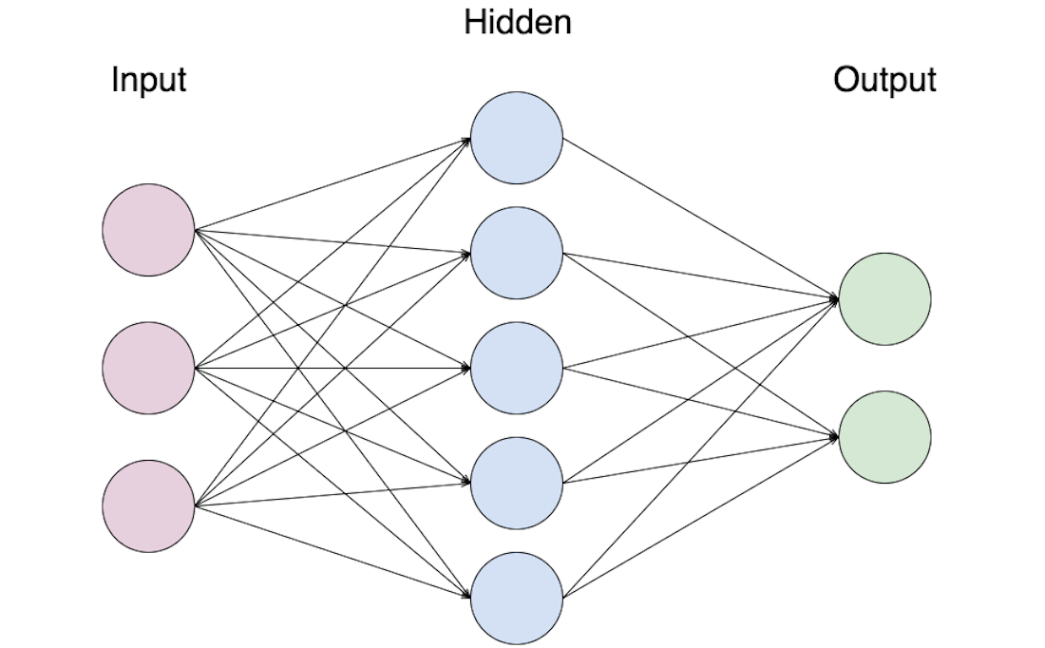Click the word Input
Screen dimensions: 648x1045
[x=148, y=79]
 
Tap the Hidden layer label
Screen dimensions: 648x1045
[x=518, y=22]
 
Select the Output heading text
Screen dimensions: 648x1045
[x=884, y=79]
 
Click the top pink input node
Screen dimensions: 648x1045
[x=149, y=230]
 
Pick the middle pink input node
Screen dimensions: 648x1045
[x=149, y=368]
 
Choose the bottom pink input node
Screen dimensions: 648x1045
[x=149, y=505]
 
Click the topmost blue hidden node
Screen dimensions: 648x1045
[x=517, y=139]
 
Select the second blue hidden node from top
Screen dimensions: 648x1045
[x=517, y=253]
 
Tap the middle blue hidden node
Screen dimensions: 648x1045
[x=517, y=368]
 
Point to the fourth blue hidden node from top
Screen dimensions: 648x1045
[x=517, y=483]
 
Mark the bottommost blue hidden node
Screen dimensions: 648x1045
[x=517, y=598]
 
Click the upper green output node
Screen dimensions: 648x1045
[x=884, y=299]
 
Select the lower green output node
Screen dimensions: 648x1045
[x=884, y=437]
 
